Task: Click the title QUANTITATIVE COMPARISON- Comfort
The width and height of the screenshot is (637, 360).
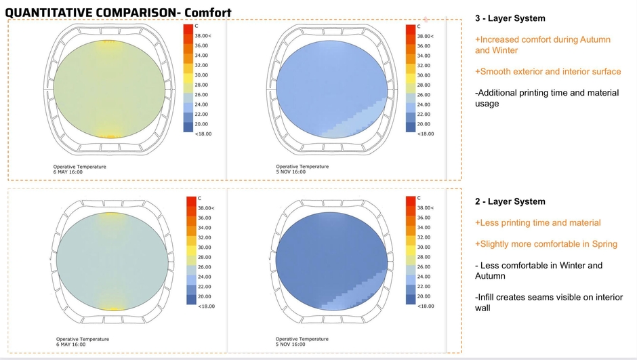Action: tap(118, 12)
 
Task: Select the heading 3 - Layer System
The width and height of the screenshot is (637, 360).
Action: tap(510, 18)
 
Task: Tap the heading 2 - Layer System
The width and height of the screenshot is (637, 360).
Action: tap(510, 201)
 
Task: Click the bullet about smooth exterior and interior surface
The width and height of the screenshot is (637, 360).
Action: tap(548, 71)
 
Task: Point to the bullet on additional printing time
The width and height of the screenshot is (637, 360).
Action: tap(547, 98)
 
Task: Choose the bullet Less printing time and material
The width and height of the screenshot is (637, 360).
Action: tap(538, 222)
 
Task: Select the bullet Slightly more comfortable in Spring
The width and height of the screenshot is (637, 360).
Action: tap(546, 244)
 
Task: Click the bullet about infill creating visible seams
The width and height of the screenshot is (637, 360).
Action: tap(547, 302)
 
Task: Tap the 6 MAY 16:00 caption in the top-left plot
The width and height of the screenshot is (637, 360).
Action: tap(68, 172)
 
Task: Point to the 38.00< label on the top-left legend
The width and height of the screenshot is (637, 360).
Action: tap(205, 35)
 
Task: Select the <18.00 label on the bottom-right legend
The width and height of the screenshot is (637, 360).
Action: tap(426, 306)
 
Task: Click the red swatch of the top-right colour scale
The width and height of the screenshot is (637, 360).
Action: tap(409, 30)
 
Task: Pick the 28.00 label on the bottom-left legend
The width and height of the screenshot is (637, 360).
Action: tap(205, 257)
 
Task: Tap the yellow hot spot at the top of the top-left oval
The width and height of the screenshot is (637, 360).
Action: tap(108, 44)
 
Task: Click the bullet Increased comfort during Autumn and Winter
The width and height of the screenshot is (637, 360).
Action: tap(542, 45)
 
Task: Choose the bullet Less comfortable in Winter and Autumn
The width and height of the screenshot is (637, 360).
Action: tap(538, 271)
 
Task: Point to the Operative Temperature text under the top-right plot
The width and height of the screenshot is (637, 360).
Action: tap(302, 166)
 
